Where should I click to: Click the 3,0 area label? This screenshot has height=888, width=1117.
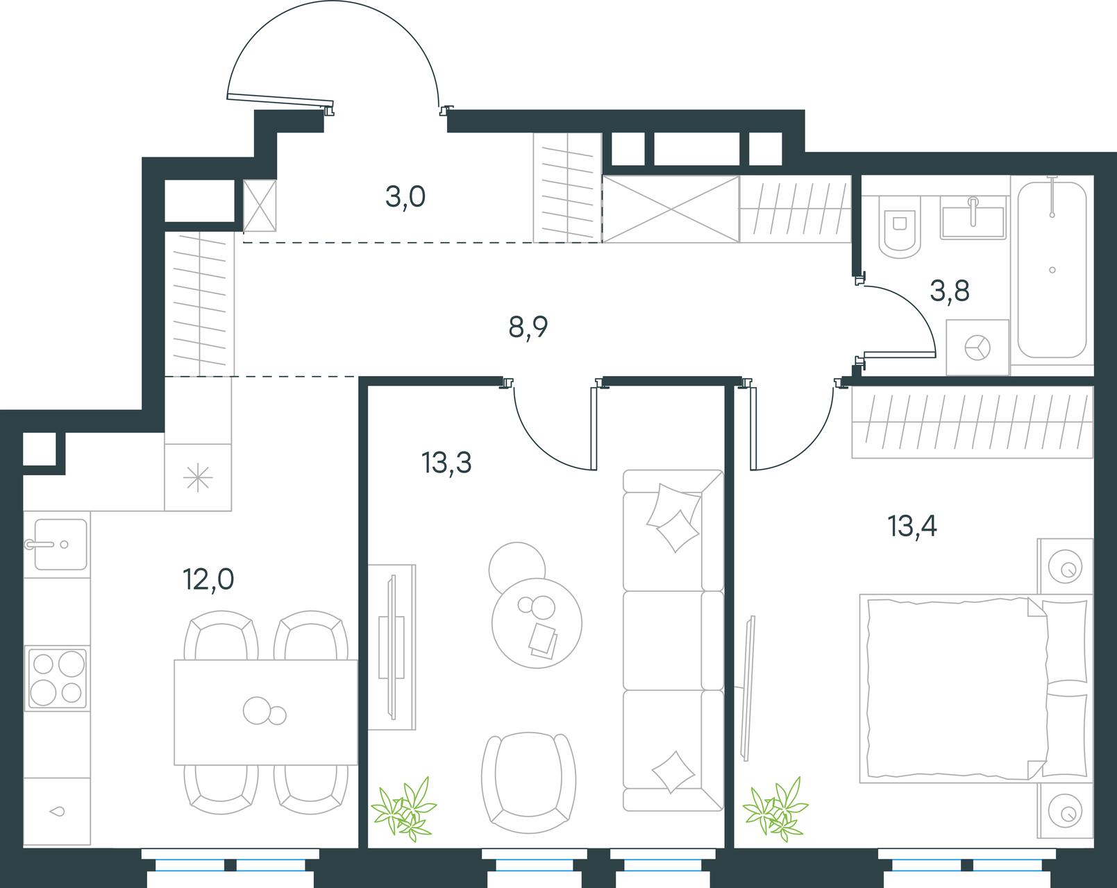click(x=405, y=197)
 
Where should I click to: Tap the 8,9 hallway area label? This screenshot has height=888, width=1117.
click(x=528, y=327)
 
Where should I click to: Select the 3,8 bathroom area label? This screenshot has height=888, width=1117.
click(x=950, y=291)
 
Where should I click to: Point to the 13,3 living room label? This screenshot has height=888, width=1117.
click(x=447, y=463)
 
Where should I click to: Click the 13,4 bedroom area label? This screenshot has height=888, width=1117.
click(x=912, y=526)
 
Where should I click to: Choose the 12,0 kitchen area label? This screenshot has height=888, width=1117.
click(x=209, y=579)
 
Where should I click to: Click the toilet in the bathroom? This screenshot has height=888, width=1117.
click(x=900, y=227)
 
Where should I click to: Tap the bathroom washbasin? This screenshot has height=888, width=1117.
click(x=973, y=217)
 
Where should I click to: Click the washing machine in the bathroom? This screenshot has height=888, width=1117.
click(x=977, y=347)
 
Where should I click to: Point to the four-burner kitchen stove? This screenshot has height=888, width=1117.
click(x=57, y=678)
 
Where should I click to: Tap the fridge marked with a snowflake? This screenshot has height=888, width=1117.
click(x=198, y=478)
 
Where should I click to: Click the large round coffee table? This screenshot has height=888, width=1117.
click(x=537, y=623)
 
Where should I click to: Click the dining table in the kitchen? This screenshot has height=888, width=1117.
click(x=266, y=712)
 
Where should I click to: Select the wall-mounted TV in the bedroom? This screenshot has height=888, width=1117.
click(x=748, y=688)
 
